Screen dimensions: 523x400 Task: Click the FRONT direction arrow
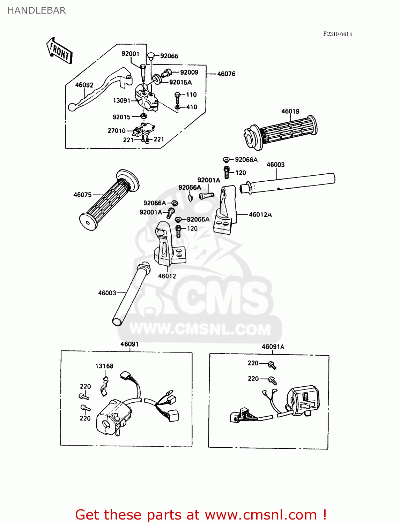[59, 51]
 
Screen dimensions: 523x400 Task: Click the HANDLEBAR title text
[36, 10]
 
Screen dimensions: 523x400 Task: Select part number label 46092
[84, 85]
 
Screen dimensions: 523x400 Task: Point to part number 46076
[226, 74]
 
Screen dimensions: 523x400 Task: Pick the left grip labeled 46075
[108, 200]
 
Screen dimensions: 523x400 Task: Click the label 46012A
[260, 215]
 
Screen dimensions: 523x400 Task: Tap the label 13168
[104, 366]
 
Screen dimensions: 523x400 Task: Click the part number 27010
[116, 131]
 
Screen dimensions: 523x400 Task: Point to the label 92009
[189, 72]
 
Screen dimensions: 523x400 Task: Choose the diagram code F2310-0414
[337, 34]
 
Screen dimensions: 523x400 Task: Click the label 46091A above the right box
[273, 347]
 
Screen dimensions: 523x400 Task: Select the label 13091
[121, 101]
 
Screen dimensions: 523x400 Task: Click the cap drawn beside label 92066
[151, 55]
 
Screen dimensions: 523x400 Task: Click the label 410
[192, 107]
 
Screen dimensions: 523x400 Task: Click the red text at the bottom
[201, 515]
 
